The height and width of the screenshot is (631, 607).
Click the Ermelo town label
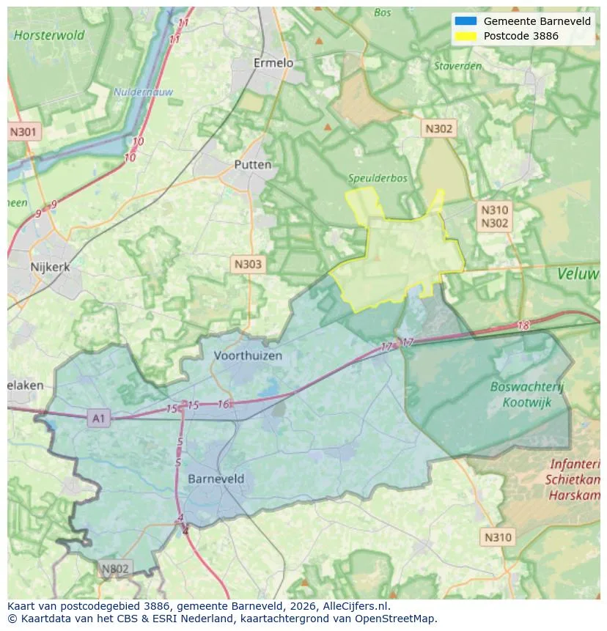[273, 63]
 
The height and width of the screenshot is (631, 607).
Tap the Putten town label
[253, 165]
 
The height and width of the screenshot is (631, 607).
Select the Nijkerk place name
[51, 267]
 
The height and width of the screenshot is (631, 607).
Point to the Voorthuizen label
[248, 355]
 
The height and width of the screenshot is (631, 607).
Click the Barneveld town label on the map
[216, 479]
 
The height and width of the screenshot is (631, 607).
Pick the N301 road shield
[23, 133]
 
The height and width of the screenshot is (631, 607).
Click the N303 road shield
[247, 265]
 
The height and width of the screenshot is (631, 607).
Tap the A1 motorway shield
[98, 418]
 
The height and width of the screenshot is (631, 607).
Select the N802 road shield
[115, 569]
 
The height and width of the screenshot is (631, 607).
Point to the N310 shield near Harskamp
[498, 537]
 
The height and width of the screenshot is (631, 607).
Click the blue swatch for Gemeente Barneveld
[466, 21]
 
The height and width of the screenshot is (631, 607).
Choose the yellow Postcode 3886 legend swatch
[466, 36]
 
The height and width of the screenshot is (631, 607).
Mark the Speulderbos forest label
[378, 178]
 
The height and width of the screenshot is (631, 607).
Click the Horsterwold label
[49, 34]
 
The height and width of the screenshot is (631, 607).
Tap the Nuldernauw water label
[133, 92]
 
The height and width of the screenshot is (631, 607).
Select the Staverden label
[457, 66]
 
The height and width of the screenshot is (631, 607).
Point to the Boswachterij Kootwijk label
[527, 394]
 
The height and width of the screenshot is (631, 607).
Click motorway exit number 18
[523, 325]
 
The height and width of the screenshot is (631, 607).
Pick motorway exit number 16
[224, 404]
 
